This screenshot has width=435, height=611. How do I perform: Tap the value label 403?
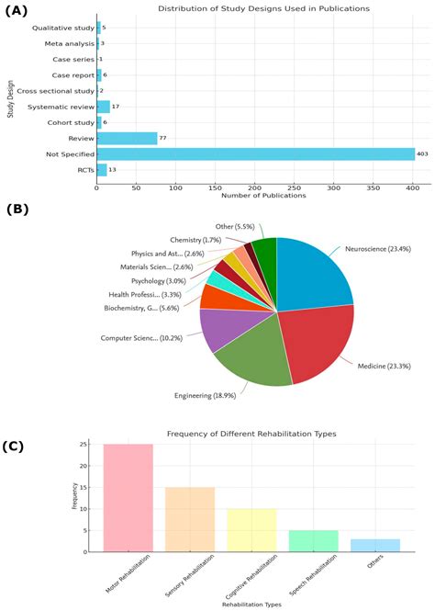[x=421, y=153]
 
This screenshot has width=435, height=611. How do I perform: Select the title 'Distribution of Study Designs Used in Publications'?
[x=251, y=8]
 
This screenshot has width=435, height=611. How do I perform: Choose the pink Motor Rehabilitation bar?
[x=128, y=497]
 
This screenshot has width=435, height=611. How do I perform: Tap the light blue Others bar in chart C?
[x=375, y=545]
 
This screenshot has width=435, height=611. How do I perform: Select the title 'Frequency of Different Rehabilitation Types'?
[x=251, y=433]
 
